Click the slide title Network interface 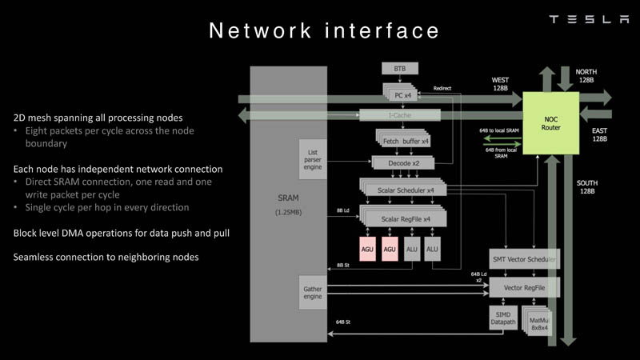click(x=324, y=30)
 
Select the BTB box click(x=400, y=69)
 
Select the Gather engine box click(x=313, y=290)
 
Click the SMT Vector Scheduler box click(x=523, y=259)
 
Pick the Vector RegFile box click(x=523, y=286)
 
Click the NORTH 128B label click(x=586, y=76)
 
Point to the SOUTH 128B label click(x=586, y=188)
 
